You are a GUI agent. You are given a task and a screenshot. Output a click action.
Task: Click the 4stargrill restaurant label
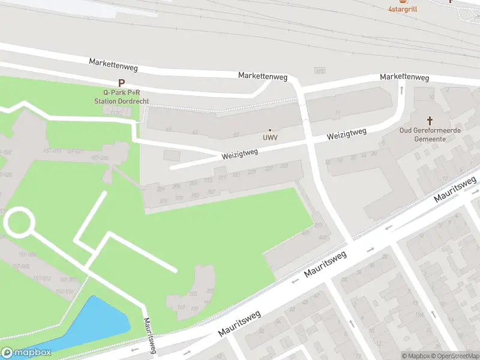[x=402, y=9]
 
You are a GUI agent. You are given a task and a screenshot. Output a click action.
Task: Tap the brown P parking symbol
[x=121, y=83]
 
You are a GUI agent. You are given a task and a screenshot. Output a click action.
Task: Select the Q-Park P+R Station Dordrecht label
[x=121, y=97]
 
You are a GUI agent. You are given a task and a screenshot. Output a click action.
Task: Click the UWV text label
[x=269, y=137]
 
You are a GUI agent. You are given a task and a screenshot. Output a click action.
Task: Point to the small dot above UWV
[x=269, y=130]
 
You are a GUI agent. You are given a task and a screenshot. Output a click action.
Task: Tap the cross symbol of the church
[x=430, y=121]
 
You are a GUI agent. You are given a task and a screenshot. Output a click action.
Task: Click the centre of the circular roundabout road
[x=19, y=222]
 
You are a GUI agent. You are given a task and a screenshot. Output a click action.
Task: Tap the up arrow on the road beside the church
[x=401, y=90]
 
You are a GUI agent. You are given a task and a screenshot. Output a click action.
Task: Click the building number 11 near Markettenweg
[x=338, y=112]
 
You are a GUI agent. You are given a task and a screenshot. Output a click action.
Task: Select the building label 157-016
[x=64, y=291]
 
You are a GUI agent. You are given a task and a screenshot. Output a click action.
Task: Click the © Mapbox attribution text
[x=415, y=356]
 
